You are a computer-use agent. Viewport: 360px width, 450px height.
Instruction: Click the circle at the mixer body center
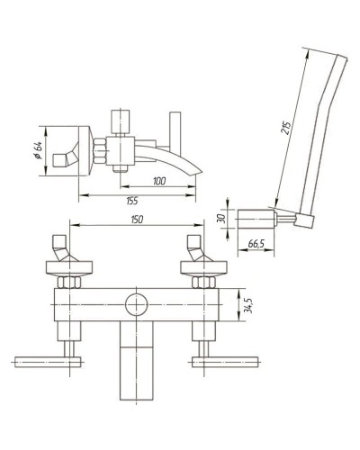click(135, 304)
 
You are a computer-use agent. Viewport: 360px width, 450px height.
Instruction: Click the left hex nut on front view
click(68, 281)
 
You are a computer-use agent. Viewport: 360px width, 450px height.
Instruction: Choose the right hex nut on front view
click(202, 281)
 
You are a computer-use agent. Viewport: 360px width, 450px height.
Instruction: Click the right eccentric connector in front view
click(195, 247)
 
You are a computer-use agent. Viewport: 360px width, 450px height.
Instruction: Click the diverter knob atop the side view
click(120, 120)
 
